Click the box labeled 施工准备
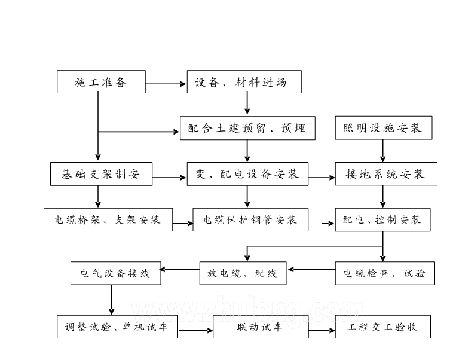click(101, 82)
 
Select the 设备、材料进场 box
click(244, 82)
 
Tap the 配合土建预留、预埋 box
click(247, 128)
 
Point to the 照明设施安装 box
click(383, 128)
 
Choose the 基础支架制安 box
click(101, 174)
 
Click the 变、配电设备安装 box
click(247, 174)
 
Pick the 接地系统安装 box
click(385, 174)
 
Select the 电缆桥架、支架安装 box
click(108, 219)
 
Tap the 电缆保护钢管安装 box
click(250, 219)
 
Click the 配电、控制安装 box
click(382, 219)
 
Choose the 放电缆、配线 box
click(243, 273)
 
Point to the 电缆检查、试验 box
click(384, 273)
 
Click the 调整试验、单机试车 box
click(117, 327)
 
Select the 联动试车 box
click(261, 327)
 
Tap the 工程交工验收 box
click(382, 327)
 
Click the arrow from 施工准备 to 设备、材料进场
click(166, 84)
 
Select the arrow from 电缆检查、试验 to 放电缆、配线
click(311, 269)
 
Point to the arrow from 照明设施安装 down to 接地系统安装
click(383, 151)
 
